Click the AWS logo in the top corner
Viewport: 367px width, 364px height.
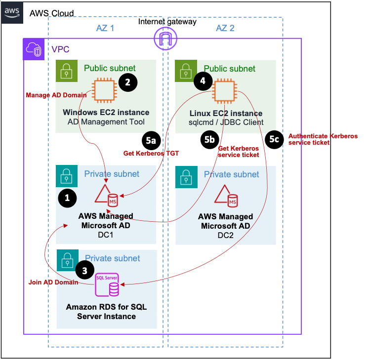(x=12, y=12)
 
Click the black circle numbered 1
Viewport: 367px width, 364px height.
(x=68, y=198)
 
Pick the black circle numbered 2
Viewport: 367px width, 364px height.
(x=127, y=83)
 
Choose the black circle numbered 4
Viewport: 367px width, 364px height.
(x=203, y=81)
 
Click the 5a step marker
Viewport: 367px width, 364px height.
(x=151, y=140)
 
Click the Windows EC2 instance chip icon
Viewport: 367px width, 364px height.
(x=103, y=90)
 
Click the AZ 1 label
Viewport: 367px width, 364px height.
(x=105, y=28)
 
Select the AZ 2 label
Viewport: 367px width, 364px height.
(x=225, y=28)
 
